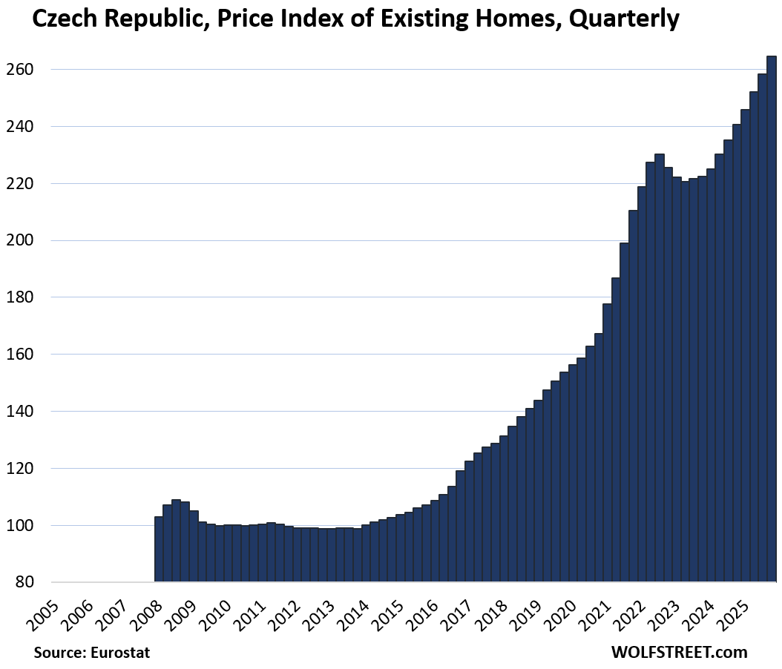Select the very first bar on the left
pos(159,549)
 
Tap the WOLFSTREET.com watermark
pos(679,652)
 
